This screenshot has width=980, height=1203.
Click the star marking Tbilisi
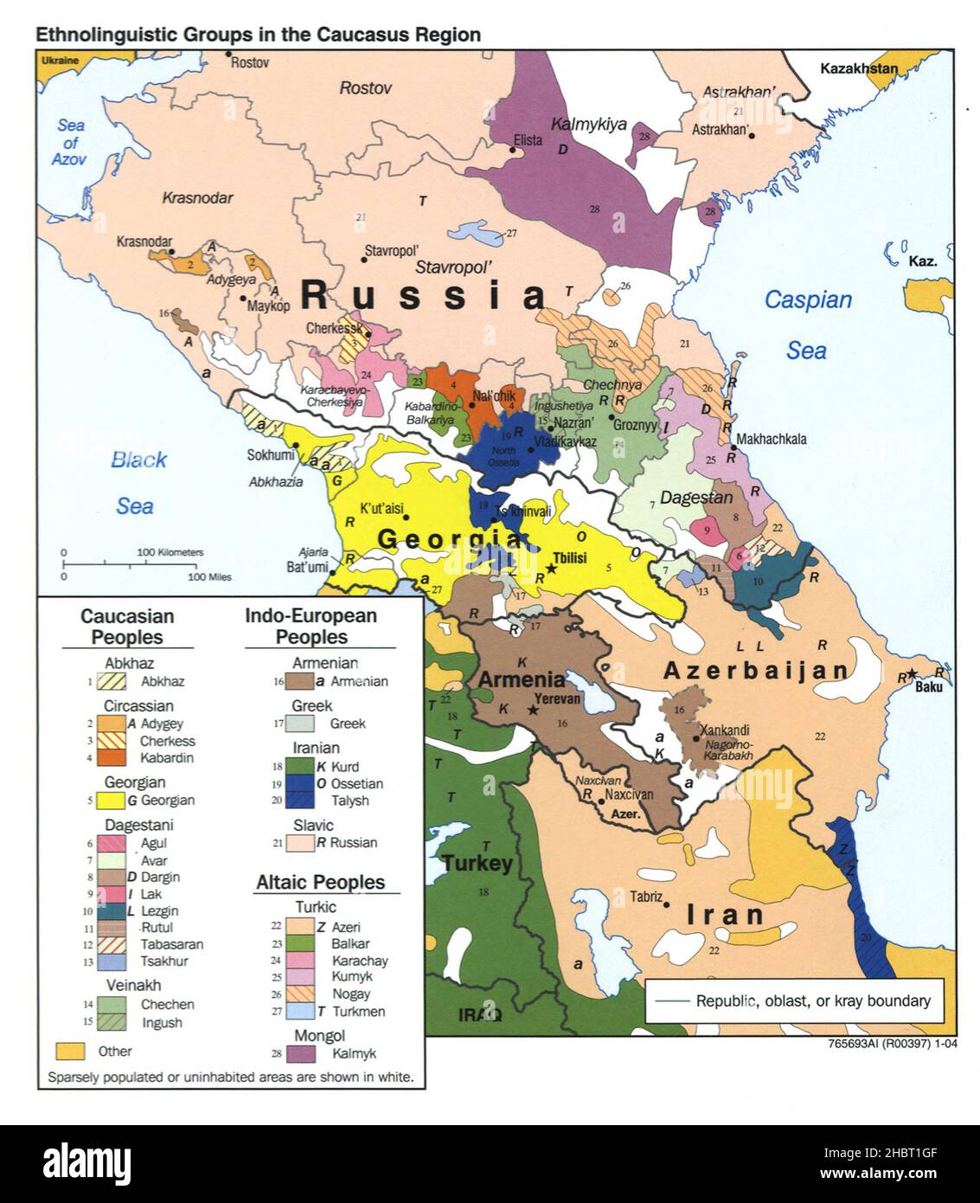tap(551, 569)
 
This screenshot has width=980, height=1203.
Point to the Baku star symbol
tap(913, 674)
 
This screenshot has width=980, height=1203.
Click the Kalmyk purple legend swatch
tap(301, 1053)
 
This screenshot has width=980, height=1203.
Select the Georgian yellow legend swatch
tap(111, 801)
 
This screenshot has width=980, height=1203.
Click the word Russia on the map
tap(424, 296)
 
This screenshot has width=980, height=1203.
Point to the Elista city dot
tap(512, 150)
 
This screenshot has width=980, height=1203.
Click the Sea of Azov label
tap(69, 143)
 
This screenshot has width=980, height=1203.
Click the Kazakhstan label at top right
tap(859, 69)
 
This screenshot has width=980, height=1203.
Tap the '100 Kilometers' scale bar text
tap(170, 552)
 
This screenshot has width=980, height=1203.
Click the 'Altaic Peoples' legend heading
tap(320, 882)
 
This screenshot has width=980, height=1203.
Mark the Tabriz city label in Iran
tap(646, 897)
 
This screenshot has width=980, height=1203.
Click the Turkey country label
tap(477, 863)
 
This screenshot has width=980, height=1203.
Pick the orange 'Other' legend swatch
tap(70, 1051)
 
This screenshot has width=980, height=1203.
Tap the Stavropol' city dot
tap(362, 258)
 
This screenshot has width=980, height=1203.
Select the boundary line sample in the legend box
tap(672, 1001)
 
